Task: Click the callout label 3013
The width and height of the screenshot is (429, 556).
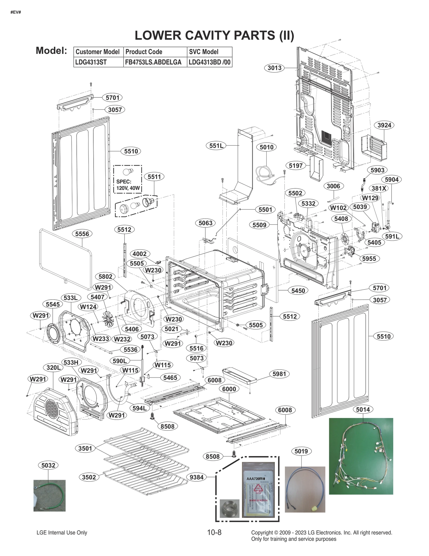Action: (274, 68)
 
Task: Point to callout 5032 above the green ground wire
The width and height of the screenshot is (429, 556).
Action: (48, 465)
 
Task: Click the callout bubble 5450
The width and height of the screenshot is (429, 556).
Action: (298, 290)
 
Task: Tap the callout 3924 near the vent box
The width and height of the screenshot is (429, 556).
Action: (384, 125)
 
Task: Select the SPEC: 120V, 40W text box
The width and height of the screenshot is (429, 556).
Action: (128, 185)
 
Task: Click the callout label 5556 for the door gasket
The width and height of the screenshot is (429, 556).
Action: (82, 234)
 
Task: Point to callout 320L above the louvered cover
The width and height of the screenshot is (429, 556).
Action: (54, 368)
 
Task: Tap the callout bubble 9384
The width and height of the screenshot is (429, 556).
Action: (197, 477)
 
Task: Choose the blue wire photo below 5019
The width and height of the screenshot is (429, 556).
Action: (305, 489)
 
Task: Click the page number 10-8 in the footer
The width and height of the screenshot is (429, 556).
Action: (214, 532)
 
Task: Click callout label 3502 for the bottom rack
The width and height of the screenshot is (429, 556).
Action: (89, 477)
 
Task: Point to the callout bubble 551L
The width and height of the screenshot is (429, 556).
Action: (216, 146)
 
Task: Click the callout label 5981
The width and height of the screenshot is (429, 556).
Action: (279, 374)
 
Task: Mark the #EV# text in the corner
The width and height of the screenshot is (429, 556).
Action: (16, 12)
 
